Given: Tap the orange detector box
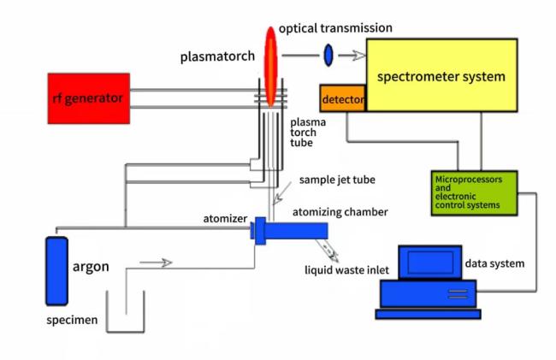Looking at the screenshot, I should pyautogui.click(x=343, y=100).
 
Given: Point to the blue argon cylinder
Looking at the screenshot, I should pyautogui.click(x=57, y=270).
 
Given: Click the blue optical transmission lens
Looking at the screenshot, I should pyautogui.click(x=328, y=56).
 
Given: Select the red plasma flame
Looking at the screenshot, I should pyautogui.click(x=271, y=64).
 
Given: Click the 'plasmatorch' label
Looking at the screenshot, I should pyautogui.click(x=213, y=56).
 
